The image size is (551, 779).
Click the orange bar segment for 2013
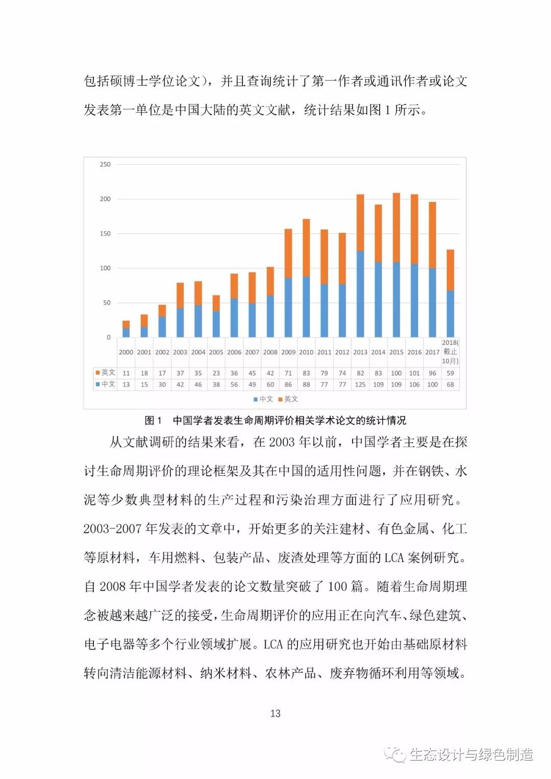(x=360, y=223)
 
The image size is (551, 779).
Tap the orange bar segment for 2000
(x=126, y=325)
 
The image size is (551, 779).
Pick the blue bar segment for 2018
(x=450, y=313)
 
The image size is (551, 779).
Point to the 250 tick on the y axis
(x=105, y=164)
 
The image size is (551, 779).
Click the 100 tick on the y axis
(x=105, y=268)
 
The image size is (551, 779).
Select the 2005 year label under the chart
(x=216, y=352)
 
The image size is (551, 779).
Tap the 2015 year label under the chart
(x=396, y=352)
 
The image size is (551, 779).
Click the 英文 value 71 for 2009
(x=288, y=373)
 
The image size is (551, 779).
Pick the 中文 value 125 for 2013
(x=360, y=384)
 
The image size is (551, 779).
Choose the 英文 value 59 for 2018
(x=450, y=373)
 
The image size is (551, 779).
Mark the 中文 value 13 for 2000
(x=126, y=384)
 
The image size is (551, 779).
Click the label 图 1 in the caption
(x=153, y=421)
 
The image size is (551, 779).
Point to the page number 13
(x=275, y=713)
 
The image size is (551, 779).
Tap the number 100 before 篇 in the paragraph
(x=337, y=587)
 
